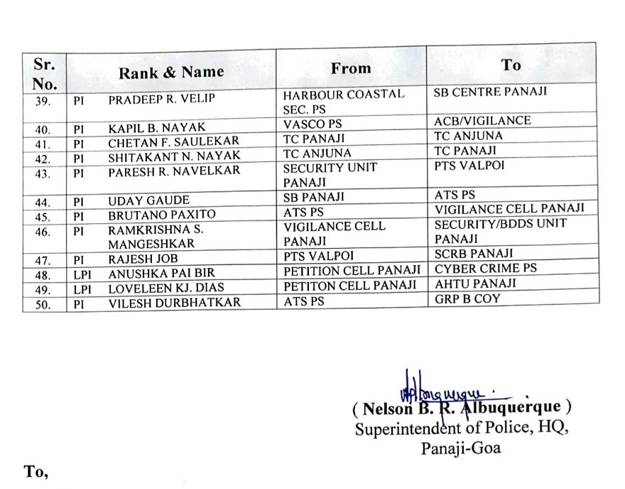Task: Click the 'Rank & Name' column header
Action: click(170, 72)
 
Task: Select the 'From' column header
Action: click(350, 68)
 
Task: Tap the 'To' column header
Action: click(510, 65)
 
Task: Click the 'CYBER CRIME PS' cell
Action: click(486, 269)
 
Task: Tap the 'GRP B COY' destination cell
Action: click(467, 299)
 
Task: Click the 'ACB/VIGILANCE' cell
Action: click(482, 121)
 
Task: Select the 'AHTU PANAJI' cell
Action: click(475, 284)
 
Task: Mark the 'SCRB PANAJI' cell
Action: click(474, 253)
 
